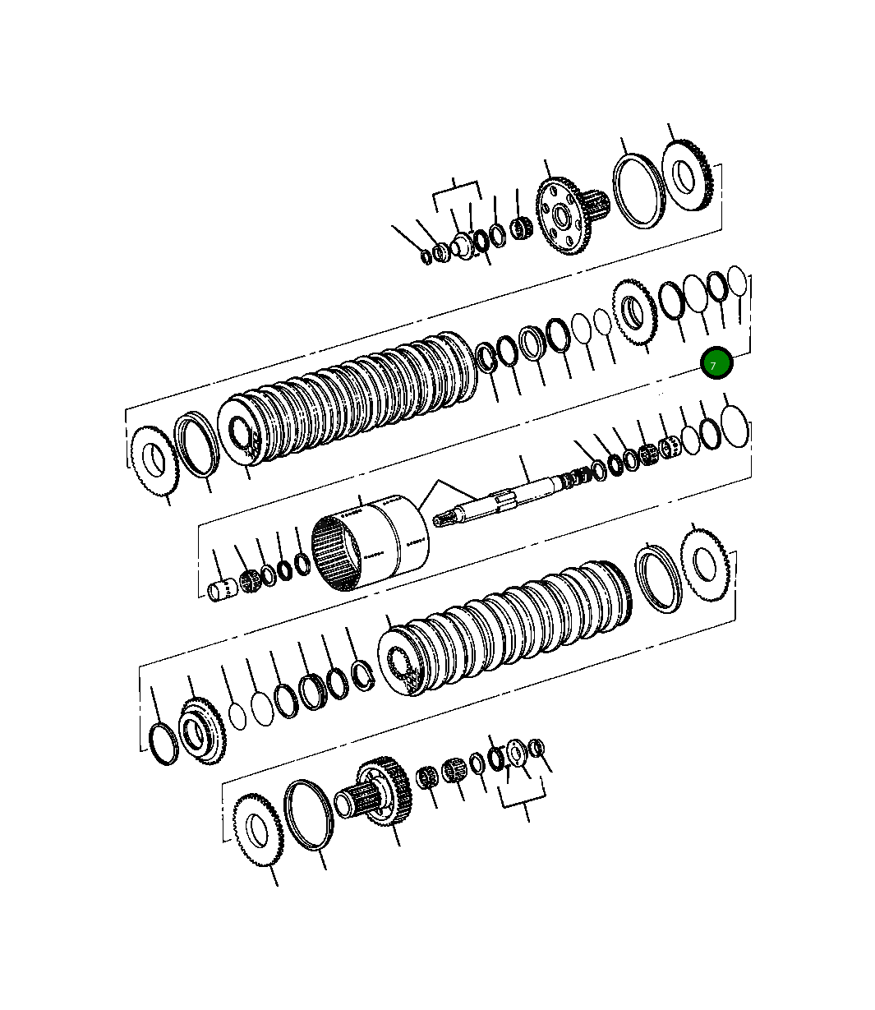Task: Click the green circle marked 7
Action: tap(716, 363)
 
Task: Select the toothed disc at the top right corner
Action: tap(685, 175)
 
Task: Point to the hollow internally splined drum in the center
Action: tap(371, 542)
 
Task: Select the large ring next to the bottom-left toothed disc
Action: tap(309, 814)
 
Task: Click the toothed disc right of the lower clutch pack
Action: tap(704, 564)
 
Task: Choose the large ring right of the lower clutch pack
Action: tap(659, 581)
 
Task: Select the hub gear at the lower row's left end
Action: tap(200, 730)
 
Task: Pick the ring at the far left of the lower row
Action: tap(163, 744)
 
